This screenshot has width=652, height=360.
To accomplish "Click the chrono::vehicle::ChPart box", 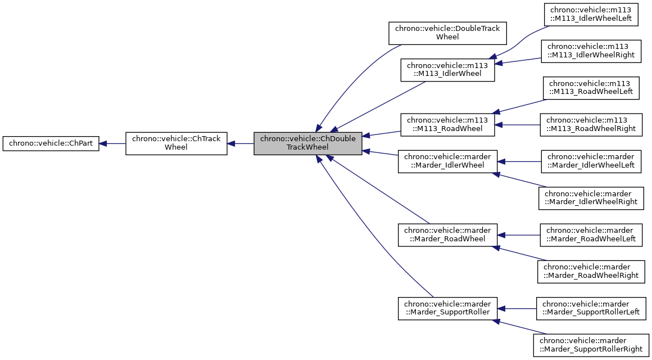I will [51, 143].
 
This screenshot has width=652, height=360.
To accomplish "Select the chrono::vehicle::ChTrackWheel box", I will [176, 143].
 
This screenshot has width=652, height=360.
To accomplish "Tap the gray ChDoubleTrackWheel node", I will [307, 143].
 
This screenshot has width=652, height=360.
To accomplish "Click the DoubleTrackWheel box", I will [447, 33].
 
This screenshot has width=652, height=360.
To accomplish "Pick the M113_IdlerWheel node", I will [447, 69].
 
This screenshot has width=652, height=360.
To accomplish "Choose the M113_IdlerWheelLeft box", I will [591, 15].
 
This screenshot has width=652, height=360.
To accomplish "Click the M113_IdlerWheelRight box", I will [591, 51].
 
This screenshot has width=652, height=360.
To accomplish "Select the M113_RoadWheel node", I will [447, 124].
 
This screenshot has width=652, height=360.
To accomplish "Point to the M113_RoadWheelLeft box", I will [591, 87].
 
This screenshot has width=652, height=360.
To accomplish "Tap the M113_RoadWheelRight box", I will [591, 124].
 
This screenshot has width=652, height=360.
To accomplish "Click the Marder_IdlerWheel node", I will [447, 161].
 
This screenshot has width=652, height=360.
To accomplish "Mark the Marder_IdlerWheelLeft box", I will [591, 161].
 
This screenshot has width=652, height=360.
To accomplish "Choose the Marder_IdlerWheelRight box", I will [591, 198].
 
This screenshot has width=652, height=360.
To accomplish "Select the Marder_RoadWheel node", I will [447, 235].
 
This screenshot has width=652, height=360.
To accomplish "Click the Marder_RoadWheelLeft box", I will [591, 235].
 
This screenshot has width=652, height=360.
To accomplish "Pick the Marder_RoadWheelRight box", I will [591, 271].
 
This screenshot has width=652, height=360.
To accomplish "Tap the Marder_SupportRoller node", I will [447, 308].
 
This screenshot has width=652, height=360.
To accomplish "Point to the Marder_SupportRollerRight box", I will [591, 345].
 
